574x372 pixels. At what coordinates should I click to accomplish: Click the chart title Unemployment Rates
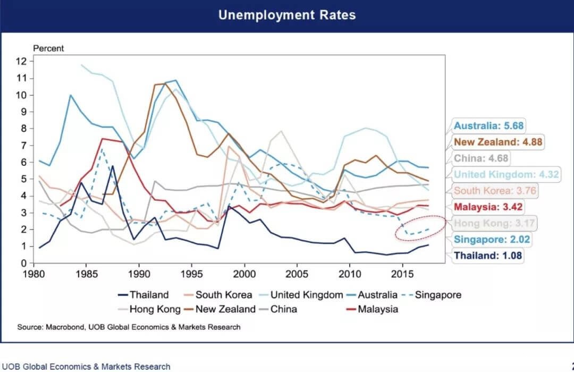(x=287, y=15)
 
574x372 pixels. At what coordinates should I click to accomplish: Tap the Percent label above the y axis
(x=48, y=48)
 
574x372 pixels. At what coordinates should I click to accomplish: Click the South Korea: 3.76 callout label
(x=494, y=190)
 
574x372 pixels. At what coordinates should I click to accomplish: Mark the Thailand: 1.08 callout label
(x=488, y=256)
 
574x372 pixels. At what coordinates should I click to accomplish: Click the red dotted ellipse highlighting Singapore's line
(x=420, y=229)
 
